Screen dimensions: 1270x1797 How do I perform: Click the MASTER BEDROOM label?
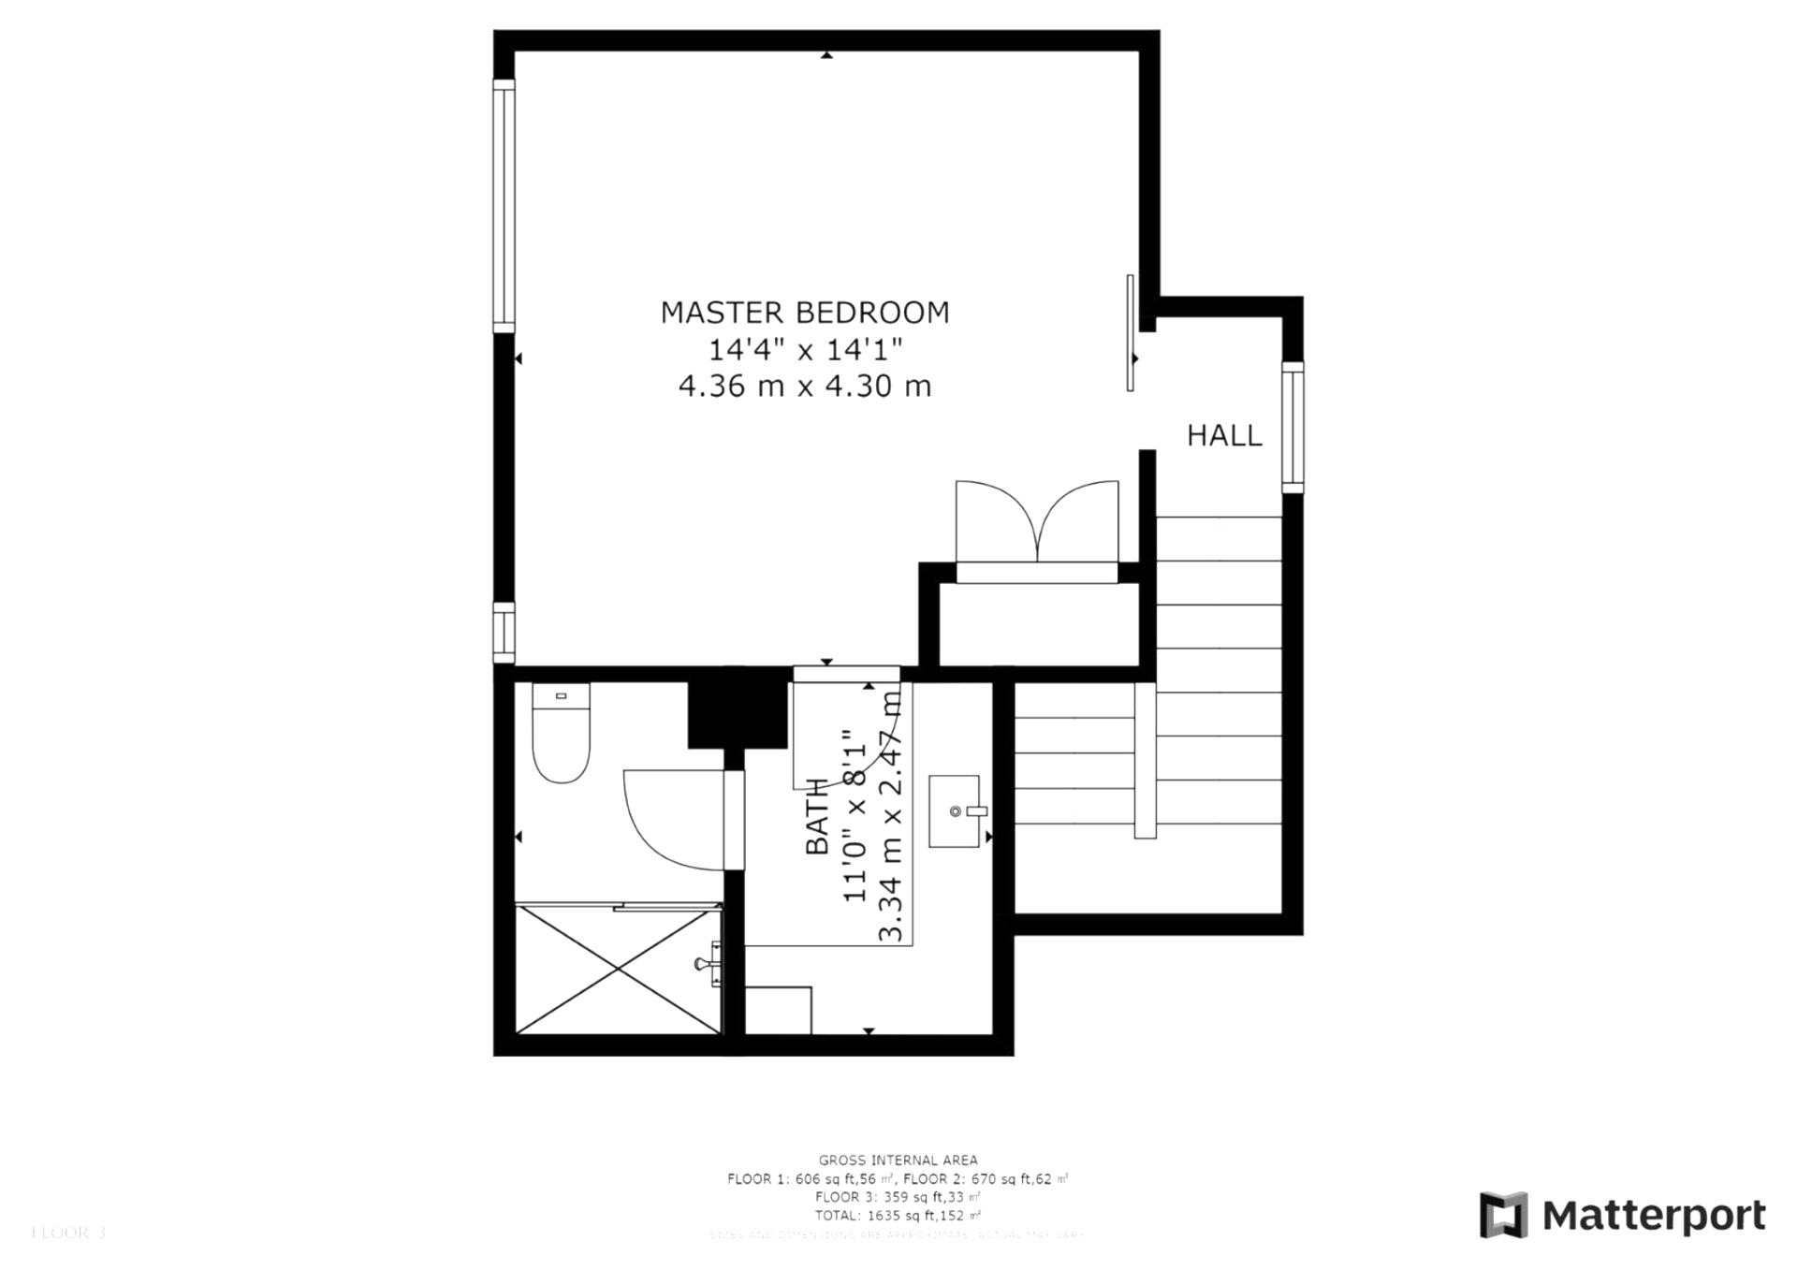(805, 313)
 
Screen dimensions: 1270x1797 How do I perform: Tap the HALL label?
(1224, 436)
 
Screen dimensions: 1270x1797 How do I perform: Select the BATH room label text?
(817, 816)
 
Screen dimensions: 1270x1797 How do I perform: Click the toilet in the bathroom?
(561, 735)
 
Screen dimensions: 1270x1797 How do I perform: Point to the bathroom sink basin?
(954, 810)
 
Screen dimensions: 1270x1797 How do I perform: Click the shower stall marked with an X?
(619, 970)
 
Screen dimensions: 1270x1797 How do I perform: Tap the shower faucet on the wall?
(709, 964)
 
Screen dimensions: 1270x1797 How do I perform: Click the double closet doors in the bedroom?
(1036, 524)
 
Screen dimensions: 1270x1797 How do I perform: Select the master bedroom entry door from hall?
(1131, 333)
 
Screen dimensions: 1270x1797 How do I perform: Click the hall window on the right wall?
(1292, 427)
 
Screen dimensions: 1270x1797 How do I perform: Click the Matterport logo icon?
(1503, 1215)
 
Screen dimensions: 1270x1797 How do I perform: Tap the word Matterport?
(1654, 1216)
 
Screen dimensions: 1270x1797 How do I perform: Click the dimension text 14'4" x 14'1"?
(805, 350)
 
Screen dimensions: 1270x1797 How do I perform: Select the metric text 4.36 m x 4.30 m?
(805, 387)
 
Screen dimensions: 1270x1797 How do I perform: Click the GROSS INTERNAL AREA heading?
(898, 1161)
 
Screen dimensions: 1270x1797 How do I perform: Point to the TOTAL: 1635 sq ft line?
(898, 1216)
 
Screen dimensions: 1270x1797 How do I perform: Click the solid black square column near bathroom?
(737, 709)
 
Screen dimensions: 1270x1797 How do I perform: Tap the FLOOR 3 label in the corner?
(67, 1234)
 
